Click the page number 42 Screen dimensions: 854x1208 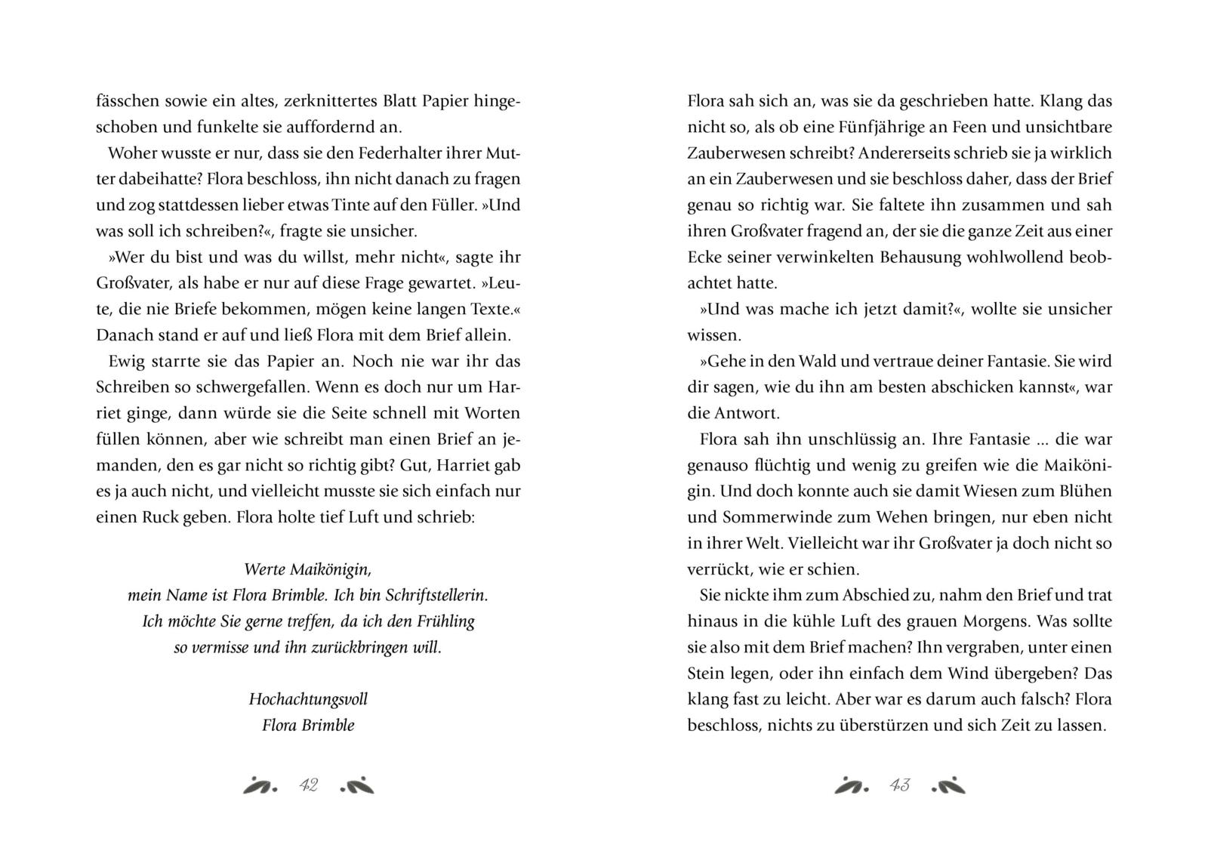point(308,785)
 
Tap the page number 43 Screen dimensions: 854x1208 point(899,785)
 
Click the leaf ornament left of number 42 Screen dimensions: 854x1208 point(260,785)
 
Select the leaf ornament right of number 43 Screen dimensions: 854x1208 point(948,785)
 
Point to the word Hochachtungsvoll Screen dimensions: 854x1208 point(308,698)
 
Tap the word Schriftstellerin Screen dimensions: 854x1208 point(436,595)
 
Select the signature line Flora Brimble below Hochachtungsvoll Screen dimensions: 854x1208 point(308,726)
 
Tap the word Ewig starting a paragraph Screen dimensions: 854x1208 point(125,361)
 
